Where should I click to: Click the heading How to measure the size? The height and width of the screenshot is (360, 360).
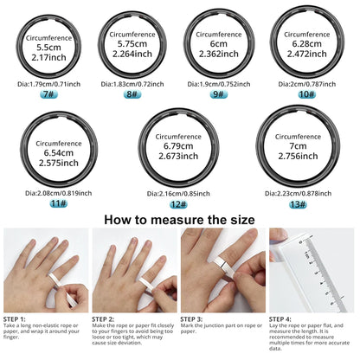pyautogui.click(x=179, y=219)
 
